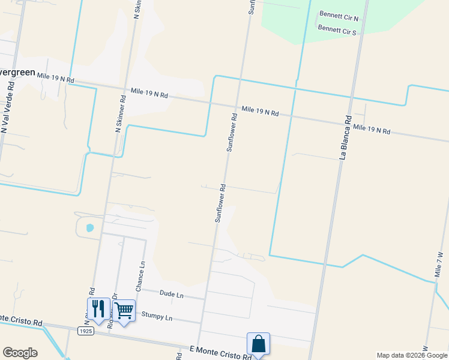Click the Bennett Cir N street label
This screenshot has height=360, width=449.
click(x=339, y=16)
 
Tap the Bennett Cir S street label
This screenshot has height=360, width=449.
click(x=337, y=29)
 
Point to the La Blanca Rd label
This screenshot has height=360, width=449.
click(x=345, y=137)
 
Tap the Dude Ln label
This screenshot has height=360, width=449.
click(x=171, y=295)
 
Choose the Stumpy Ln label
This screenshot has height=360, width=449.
click(x=157, y=315)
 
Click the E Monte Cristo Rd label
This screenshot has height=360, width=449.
click(x=220, y=353)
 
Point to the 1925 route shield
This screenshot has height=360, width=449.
click(x=86, y=331)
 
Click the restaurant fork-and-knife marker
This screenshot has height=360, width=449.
click(x=98, y=309)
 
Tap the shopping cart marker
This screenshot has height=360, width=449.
click(x=124, y=311)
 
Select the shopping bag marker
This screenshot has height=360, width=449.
click(x=258, y=344)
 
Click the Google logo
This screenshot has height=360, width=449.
click(x=20, y=353)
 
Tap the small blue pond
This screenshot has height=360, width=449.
click(x=90, y=228)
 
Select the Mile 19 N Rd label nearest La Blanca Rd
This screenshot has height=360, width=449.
click(x=372, y=128)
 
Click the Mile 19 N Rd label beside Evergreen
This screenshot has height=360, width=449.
click(x=55, y=77)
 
